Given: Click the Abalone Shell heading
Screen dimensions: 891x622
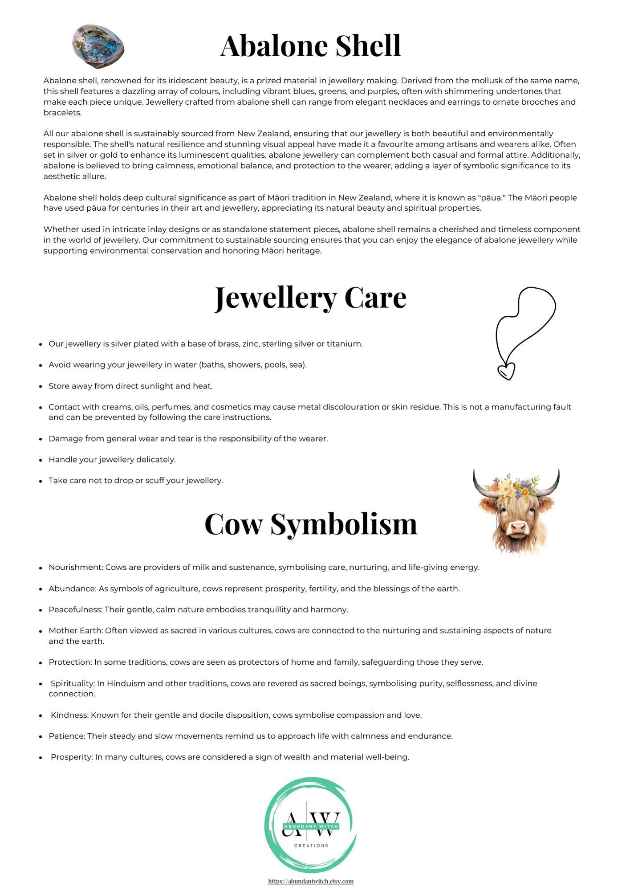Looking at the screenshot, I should tap(310, 46).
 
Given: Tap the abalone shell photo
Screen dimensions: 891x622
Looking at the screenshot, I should tap(98, 46).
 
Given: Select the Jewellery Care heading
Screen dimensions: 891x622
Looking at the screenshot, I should tap(310, 298).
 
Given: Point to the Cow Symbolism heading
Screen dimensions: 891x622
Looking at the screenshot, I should tap(311, 524).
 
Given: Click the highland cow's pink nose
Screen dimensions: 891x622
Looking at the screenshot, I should tap(518, 527).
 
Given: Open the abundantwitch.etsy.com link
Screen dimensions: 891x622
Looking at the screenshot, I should tap(311, 881).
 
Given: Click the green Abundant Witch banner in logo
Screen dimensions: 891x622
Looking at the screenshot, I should tap(311, 826).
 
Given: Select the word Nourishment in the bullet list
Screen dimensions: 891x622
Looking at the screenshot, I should tap(76, 567).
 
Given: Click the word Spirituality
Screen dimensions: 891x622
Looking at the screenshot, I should tap(73, 683).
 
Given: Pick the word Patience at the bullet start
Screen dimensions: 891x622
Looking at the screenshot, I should tap(66, 736).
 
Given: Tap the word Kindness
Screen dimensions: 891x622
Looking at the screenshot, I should tap(69, 715).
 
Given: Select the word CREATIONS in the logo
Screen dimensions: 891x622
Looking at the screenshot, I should tap(311, 846).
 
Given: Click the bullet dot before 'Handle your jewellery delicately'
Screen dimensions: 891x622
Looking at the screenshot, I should tap(41, 460).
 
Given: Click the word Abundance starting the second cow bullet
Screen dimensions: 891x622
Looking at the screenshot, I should tap(72, 589).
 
